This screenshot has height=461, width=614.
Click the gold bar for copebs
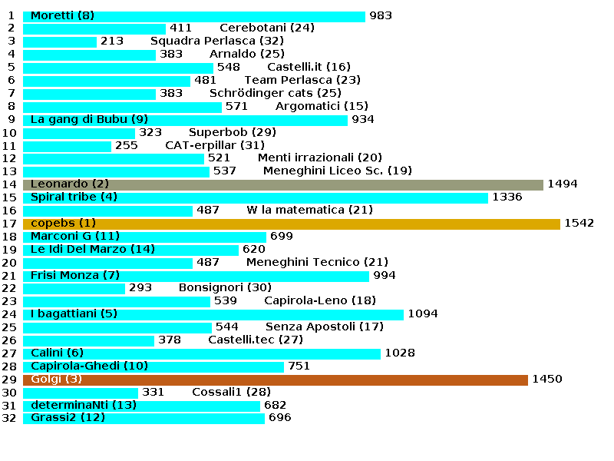coord(292,224)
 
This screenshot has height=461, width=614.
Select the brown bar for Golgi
coord(276,380)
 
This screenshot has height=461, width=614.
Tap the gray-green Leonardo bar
coord(283,184)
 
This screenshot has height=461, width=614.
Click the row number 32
coord(9,418)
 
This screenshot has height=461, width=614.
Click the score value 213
coord(112,41)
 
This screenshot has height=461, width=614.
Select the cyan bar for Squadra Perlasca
coord(60,41)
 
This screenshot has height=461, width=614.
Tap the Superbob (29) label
coord(222,132)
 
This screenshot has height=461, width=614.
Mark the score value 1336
coord(507,197)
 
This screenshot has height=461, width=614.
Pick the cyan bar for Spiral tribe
coord(256,197)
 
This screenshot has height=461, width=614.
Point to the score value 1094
coord(423,314)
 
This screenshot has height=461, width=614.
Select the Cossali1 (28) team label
coord(231,393)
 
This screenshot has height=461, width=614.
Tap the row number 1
coord(12,15)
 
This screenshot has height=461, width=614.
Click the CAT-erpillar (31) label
coord(215,145)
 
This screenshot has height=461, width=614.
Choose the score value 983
coord(381,15)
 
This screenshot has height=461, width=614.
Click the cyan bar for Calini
coord(202,353)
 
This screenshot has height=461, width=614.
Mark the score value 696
coord(280,418)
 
